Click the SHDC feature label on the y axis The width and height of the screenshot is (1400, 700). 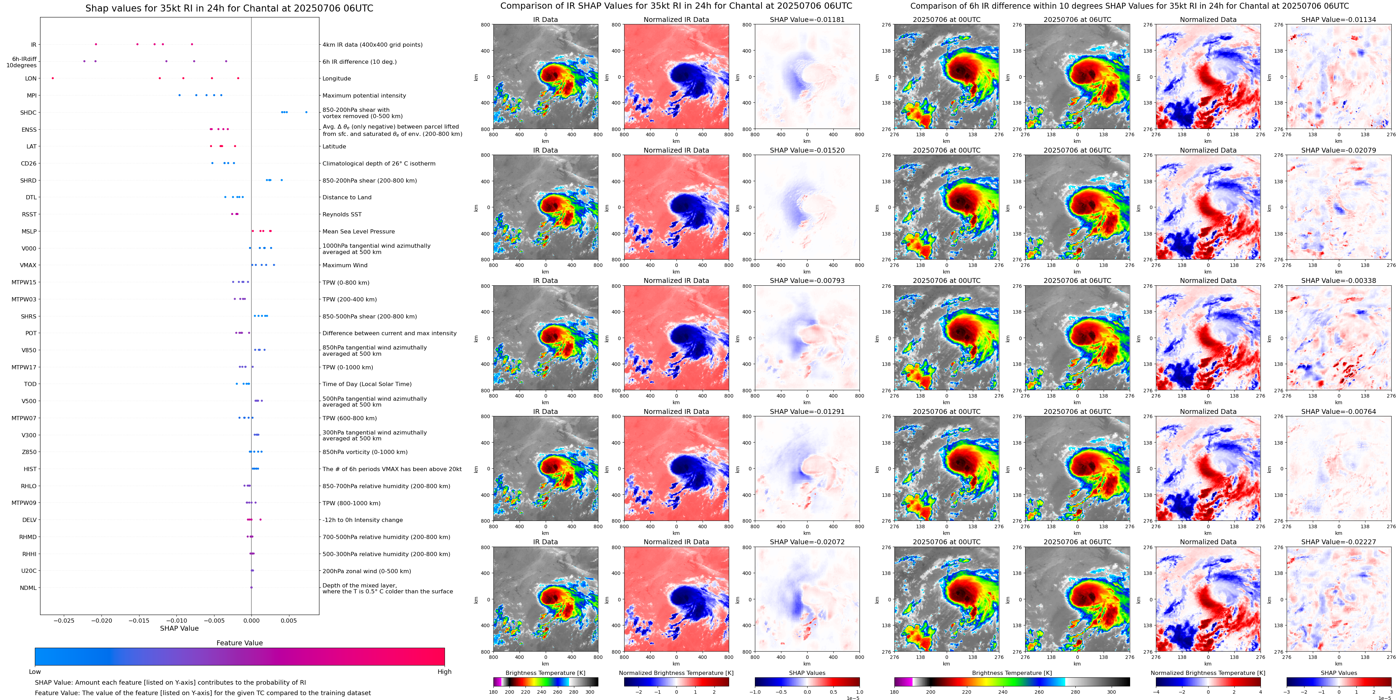click(x=28, y=113)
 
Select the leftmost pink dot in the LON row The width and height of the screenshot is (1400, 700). click(x=53, y=78)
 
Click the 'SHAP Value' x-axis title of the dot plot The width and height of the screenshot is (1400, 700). click(x=179, y=628)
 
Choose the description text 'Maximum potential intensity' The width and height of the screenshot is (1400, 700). click(x=364, y=95)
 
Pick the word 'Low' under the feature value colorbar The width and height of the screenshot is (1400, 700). click(x=35, y=672)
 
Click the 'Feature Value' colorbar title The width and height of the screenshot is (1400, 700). click(x=239, y=643)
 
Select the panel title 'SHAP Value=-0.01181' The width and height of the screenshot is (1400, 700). click(x=807, y=20)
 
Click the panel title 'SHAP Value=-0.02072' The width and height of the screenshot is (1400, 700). click(x=807, y=542)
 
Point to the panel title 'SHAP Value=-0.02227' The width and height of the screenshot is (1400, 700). click(x=1339, y=542)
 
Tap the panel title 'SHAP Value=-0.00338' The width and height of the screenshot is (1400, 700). click(x=1339, y=281)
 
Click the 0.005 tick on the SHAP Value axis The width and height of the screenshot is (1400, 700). click(x=289, y=621)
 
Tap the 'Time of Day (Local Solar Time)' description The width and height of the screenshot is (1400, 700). click(x=367, y=384)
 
